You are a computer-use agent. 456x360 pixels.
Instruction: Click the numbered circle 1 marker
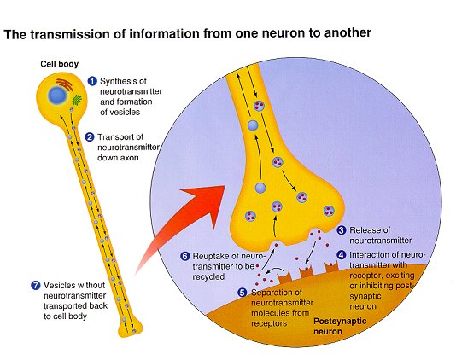pyautogui.click(x=92, y=81)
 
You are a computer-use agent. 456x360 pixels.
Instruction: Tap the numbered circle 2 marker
pyautogui.click(x=90, y=136)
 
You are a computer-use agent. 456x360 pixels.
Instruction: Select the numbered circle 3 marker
pyautogui.click(x=342, y=230)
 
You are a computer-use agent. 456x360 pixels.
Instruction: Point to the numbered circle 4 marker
pyautogui.click(x=342, y=255)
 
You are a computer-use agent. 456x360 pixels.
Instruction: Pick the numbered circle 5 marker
pyautogui.click(x=243, y=293)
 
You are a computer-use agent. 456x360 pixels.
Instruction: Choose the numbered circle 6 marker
pyautogui.click(x=185, y=256)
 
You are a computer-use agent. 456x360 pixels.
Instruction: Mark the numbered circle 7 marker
pyautogui.click(x=36, y=285)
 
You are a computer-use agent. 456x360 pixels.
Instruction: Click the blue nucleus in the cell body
pyautogui.click(x=57, y=96)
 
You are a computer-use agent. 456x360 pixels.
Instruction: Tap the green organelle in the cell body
pyautogui.click(x=77, y=100)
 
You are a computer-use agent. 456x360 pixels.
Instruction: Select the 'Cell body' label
pyautogui.click(x=59, y=64)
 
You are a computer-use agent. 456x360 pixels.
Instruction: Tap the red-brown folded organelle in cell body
pyautogui.click(x=65, y=84)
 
